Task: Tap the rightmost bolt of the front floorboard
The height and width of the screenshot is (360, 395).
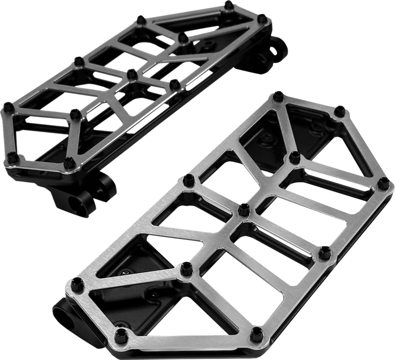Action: (383, 184)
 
